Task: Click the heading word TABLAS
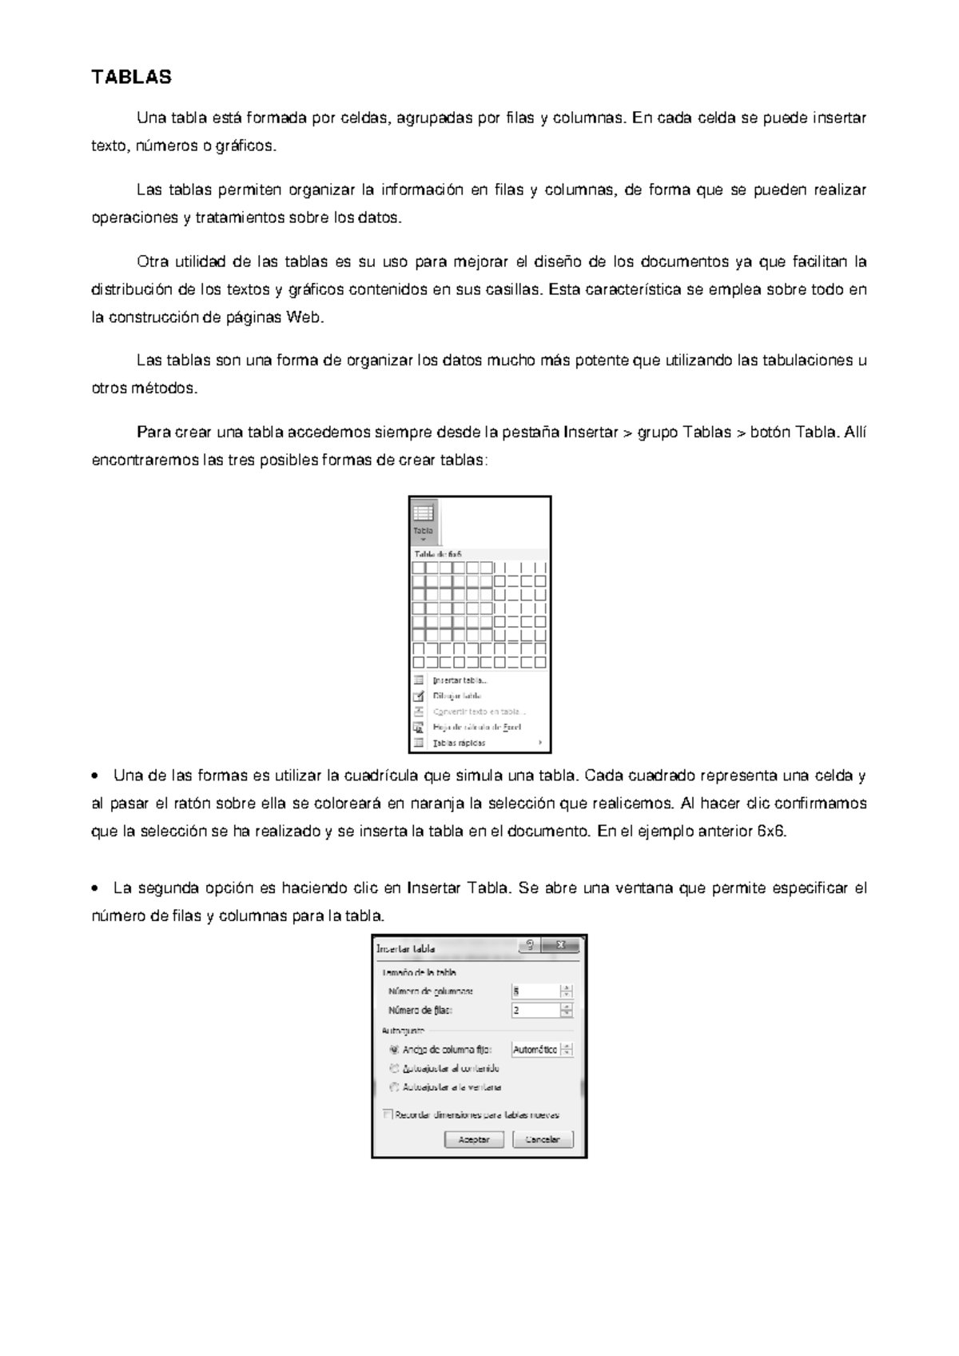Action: pos(131,78)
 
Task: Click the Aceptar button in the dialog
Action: pos(474,1139)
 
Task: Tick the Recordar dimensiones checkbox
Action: pos(388,1114)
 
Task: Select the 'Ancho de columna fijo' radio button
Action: pos(393,1050)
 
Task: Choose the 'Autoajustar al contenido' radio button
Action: pos(393,1068)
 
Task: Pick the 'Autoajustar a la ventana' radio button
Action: pos(393,1087)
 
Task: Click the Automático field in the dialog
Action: pos(535,1050)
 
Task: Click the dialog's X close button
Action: pos(561,946)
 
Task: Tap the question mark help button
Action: pos(531,946)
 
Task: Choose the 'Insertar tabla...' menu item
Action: pos(460,680)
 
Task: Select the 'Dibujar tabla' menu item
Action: pos(456,696)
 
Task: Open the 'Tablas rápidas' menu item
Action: pos(459,743)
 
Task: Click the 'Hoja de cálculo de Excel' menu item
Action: pos(476,727)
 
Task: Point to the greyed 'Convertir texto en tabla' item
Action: pos(479,712)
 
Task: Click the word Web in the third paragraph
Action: pos(304,317)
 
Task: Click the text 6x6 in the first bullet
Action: pos(770,831)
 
